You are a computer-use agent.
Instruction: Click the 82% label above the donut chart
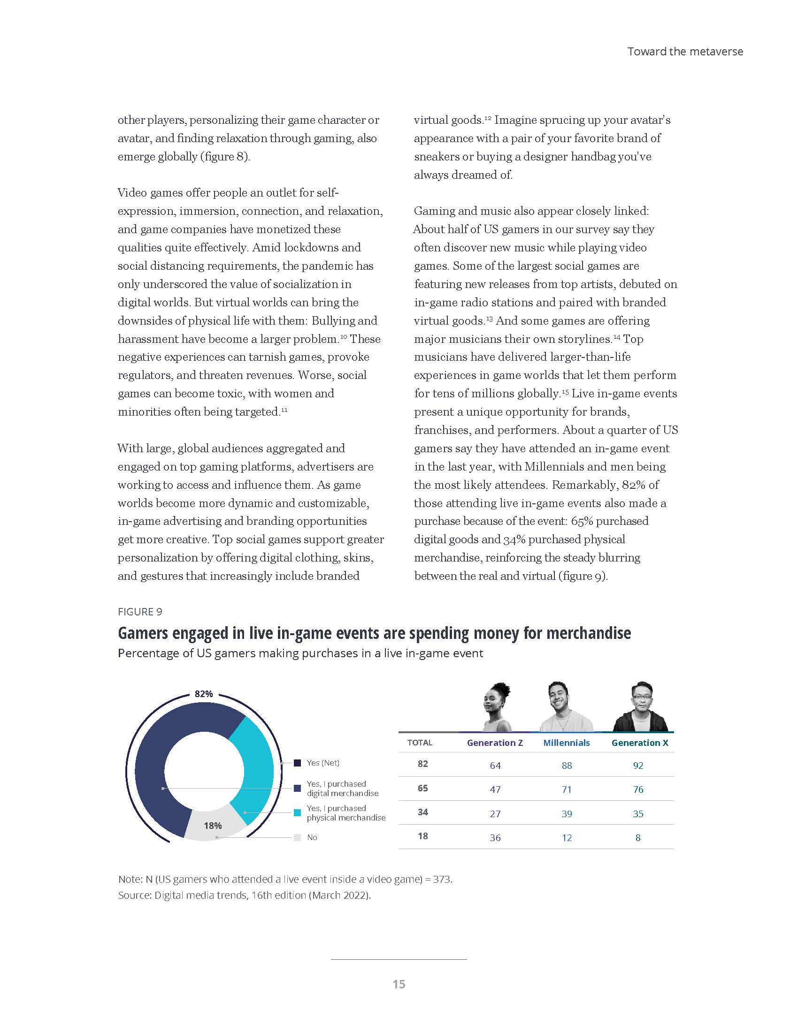[x=204, y=694]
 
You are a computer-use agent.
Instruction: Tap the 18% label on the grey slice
[x=213, y=826]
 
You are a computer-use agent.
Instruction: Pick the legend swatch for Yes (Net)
[x=297, y=763]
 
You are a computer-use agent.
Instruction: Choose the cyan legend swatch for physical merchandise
[x=297, y=813]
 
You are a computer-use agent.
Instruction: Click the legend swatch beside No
[x=297, y=837]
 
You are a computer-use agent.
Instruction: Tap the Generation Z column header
[x=495, y=743]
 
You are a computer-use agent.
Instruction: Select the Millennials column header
[x=567, y=743]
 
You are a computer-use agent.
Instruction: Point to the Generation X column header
[x=640, y=743]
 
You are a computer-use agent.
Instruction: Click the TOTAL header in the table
[x=420, y=743]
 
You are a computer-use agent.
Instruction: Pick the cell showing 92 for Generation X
[x=638, y=766]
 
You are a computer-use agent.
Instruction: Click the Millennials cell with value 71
[x=567, y=789]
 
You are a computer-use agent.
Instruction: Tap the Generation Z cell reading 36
[x=495, y=838]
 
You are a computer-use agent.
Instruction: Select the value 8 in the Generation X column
[x=638, y=838]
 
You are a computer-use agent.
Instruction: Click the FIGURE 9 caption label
[x=140, y=612]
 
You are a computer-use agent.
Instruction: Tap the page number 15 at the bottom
[x=399, y=984]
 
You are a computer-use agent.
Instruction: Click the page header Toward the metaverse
[x=685, y=52]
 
